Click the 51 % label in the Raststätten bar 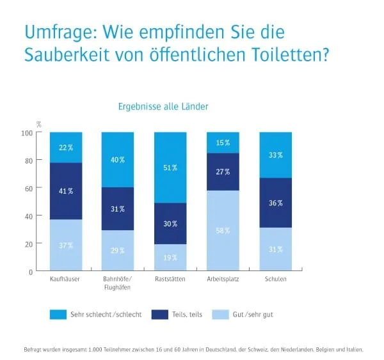click(x=170, y=168)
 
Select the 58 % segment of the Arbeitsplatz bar click(x=223, y=230)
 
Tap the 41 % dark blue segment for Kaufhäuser click(x=67, y=191)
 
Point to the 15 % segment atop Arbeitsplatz click(x=223, y=143)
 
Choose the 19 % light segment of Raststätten click(x=170, y=257)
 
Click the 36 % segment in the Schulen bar click(x=275, y=203)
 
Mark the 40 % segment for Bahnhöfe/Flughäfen click(x=118, y=160)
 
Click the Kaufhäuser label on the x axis click(x=66, y=279)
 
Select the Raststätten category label click(x=170, y=279)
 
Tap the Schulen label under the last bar click(x=275, y=279)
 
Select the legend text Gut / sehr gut click(x=253, y=315)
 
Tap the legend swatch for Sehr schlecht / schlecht click(x=59, y=315)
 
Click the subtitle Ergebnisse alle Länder click(x=163, y=106)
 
